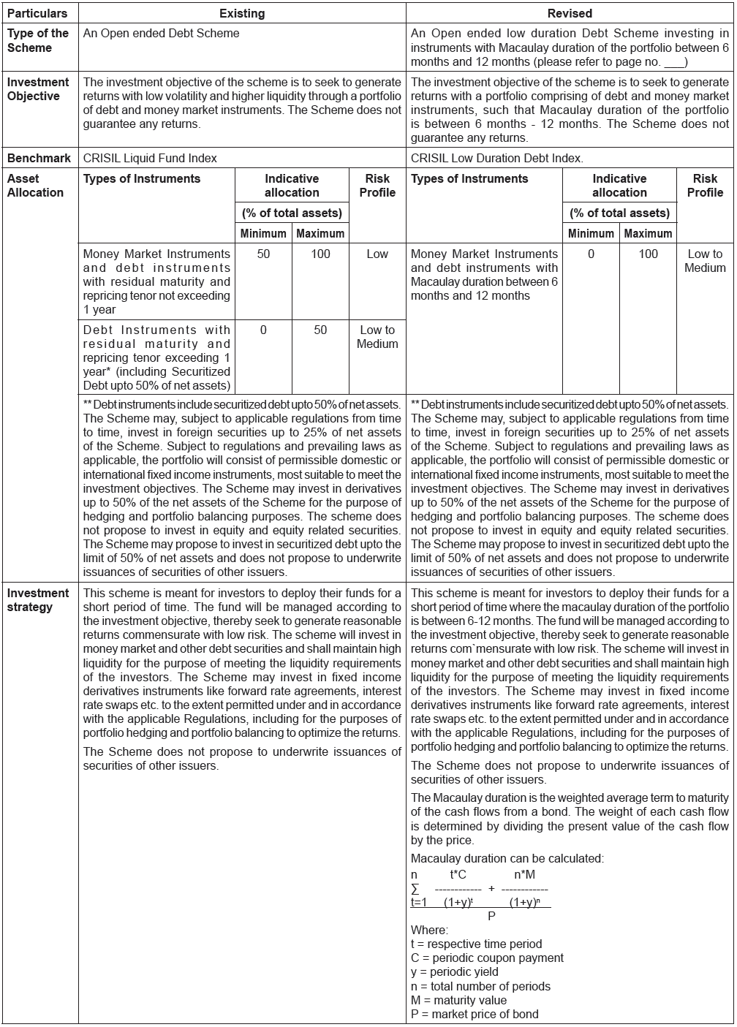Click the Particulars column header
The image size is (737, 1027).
point(37,13)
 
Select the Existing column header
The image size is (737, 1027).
point(242,13)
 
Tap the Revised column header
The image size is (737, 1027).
point(570,13)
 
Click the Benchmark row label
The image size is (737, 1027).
point(39,158)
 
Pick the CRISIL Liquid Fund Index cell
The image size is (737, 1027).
point(150,158)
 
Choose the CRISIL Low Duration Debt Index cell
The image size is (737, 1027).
point(497,158)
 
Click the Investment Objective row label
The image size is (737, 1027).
point(38,89)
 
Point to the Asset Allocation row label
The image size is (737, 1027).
point(35,186)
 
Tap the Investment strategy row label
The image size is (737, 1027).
point(38,600)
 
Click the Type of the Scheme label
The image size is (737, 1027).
point(37,40)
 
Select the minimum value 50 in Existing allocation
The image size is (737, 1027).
point(263,254)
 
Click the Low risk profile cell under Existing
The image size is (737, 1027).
point(377,254)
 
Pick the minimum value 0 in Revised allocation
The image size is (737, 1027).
point(591,254)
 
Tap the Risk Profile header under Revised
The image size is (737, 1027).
point(705,186)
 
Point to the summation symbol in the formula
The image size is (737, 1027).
point(415,889)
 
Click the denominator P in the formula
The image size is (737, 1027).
point(491,915)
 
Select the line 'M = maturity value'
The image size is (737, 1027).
point(458,1000)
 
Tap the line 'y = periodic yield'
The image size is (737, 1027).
point(455,972)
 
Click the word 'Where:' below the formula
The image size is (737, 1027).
point(429,930)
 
